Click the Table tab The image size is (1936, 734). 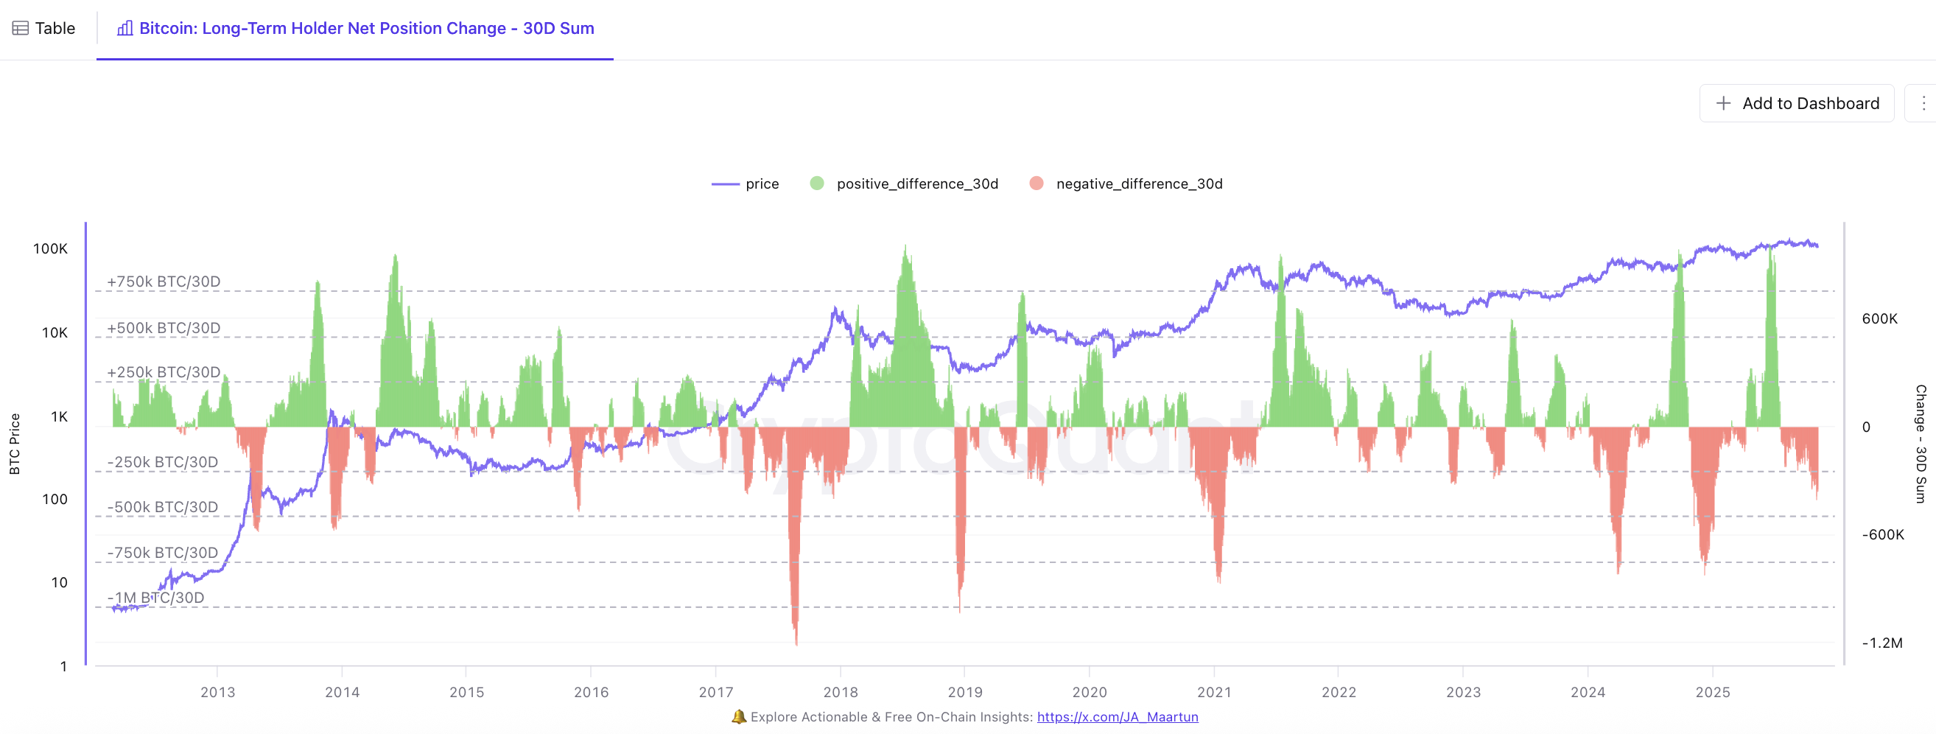(44, 29)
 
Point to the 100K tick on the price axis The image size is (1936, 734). (50, 249)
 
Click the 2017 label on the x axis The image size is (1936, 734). (715, 692)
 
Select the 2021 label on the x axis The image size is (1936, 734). (1214, 692)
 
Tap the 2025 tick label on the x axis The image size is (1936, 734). (1712, 692)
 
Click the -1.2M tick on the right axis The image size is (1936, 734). (1882, 643)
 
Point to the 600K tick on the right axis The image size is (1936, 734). (1879, 319)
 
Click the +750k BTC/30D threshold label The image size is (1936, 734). (164, 282)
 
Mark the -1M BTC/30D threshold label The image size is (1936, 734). (155, 598)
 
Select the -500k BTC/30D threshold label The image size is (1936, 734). (162, 508)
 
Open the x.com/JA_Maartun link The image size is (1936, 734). (1118, 717)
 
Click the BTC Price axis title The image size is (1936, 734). (14, 444)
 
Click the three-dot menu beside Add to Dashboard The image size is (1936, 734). (1923, 103)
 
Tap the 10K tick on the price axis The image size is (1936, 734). (54, 332)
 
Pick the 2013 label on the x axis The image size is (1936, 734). (217, 692)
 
